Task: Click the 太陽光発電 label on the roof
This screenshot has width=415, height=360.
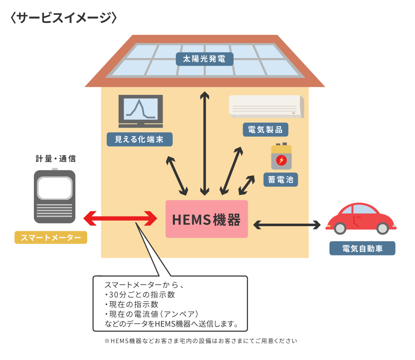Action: pyautogui.click(x=205, y=59)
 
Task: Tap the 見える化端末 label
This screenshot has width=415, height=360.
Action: pyautogui.click(x=140, y=139)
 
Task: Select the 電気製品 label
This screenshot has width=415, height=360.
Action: pyautogui.click(x=266, y=129)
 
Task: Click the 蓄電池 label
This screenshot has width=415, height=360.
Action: pyautogui.click(x=280, y=180)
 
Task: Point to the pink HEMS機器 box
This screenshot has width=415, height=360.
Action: pyautogui.click(x=206, y=219)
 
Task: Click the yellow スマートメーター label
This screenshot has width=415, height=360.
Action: pyautogui.click(x=51, y=238)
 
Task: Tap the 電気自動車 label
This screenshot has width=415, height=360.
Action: pyautogui.click(x=362, y=248)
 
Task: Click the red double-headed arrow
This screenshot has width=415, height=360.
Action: pyautogui.click(x=120, y=219)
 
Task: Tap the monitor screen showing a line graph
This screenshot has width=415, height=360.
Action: pyautogui.click(x=140, y=108)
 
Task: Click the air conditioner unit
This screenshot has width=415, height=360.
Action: pyautogui.click(x=266, y=106)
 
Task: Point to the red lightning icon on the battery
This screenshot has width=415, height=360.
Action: pyautogui.click(x=281, y=160)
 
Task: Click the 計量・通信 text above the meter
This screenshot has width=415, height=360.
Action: pyautogui.click(x=55, y=159)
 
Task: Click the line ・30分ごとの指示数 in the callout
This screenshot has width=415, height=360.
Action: pyautogui.click(x=139, y=294)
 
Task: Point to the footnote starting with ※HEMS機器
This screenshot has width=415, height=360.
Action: pyautogui.click(x=201, y=341)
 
